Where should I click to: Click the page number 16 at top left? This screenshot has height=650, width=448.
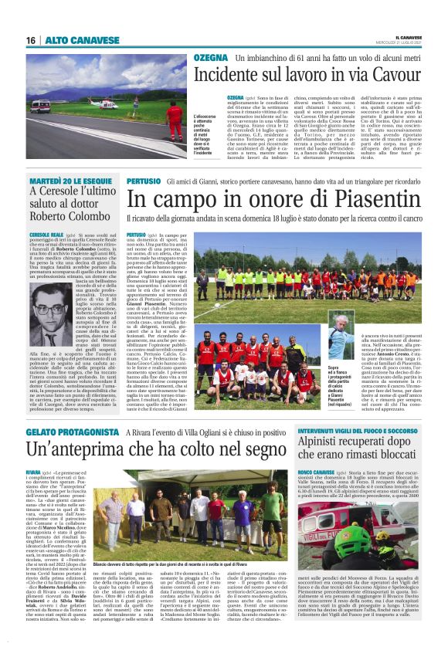pos(30,40)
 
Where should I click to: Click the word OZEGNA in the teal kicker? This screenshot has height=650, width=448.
pos(211,58)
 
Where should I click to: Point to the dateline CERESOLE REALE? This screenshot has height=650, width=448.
pos(46,232)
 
